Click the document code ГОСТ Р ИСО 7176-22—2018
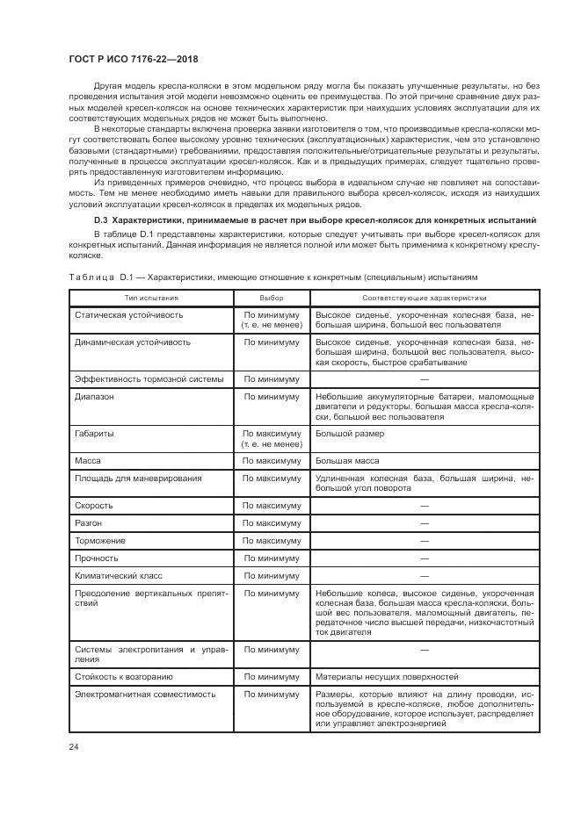pyautogui.click(x=133, y=59)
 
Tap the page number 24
pyautogui.click(x=73, y=746)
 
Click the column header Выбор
pyautogui.click(x=272, y=299)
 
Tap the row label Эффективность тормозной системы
pyautogui.click(x=149, y=379)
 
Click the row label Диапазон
pyautogui.click(x=95, y=396)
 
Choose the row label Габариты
pyautogui.click(x=96, y=434)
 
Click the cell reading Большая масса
pyautogui.click(x=347, y=461)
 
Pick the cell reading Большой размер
pyautogui.click(x=349, y=434)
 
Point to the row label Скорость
pyautogui.click(x=96, y=506)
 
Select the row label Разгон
pyautogui.click(x=91, y=523)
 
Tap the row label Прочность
pyautogui.click(x=98, y=558)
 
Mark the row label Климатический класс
pyautogui.click(x=118, y=576)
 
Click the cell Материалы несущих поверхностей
pyautogui.click(x=387, y=677)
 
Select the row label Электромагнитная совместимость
pyautogui.click(x=144, y=694)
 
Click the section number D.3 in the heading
pyautogui.click(x=102, y=219)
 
